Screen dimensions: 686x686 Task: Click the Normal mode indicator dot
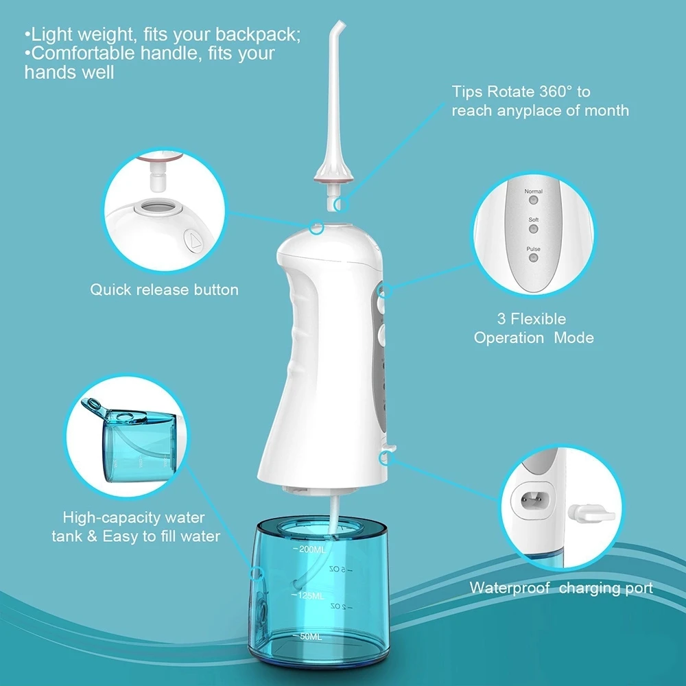coord(533,200)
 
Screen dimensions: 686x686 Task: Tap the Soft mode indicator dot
coord(533,229)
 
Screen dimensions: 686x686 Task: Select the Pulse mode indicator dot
coord(533,258)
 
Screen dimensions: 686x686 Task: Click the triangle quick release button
coord(194,241)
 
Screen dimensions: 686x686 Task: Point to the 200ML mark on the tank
coord(310,549)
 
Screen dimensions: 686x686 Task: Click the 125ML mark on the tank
coord(309,595)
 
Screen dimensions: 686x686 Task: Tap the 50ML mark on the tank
coord(307,636)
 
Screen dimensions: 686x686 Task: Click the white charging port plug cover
coord(591,514)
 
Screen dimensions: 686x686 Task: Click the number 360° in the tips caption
coord(555,92)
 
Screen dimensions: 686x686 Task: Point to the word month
coord(606,110)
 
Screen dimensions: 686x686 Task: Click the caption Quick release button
coord(164,289)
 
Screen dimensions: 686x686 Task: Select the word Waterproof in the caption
coord(509,588)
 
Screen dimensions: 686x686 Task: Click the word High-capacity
coord(111,518)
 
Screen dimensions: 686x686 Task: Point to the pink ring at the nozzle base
coord(333,180)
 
